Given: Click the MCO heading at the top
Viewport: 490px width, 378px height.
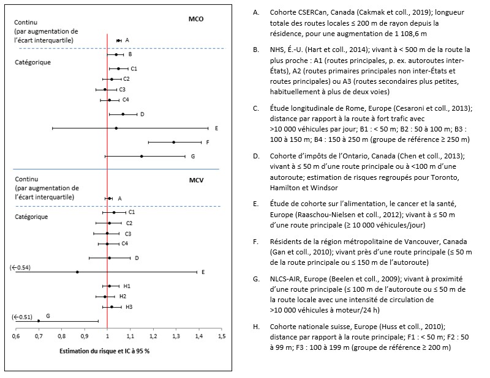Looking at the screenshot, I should (x=197, y=20).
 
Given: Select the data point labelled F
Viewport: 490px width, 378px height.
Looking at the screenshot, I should (x=174, y=142).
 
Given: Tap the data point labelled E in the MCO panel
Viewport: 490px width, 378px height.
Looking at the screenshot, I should (x=116, y=128).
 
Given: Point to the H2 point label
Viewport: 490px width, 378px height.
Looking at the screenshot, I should (x=123, y=296).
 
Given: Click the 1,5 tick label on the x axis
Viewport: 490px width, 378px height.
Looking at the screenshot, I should (x=222, y=336).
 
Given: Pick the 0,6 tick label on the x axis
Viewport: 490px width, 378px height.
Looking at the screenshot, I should (x=15, y=336).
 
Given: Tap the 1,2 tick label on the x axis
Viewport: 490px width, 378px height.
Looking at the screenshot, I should (x=153, y=336).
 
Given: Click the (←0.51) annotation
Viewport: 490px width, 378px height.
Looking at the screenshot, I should (x=23, y=317).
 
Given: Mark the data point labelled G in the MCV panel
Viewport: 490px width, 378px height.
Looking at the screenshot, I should (x=39, y=321).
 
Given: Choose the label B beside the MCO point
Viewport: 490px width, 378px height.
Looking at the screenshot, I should (x=130, y=54).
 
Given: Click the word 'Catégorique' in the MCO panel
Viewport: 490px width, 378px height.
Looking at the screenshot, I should (x=34, y=62).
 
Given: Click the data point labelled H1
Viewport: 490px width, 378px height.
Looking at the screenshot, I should (x=110, y=286).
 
